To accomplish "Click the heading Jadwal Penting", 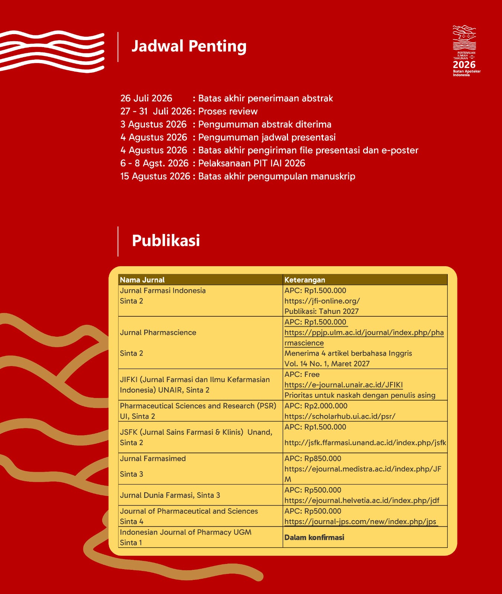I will point(189,46).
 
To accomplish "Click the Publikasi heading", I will point(166,241).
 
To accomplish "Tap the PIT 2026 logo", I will point(465,51).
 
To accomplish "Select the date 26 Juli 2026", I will point(146,98).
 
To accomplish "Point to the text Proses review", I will point(228,111).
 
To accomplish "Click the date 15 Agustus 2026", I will point(155,176).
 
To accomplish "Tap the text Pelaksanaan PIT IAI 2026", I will point(252,163).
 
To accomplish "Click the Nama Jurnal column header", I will point(142,280).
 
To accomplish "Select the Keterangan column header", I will point(305,280).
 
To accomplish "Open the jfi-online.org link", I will point(322,301).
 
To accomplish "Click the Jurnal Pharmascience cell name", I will point(158,333).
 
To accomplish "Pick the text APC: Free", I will point(302,375).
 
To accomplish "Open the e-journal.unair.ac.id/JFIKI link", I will point(343,385).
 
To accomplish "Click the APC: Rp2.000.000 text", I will point(316,406).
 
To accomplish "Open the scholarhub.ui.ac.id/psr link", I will point(340,417).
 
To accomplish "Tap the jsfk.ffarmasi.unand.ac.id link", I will point(365,443).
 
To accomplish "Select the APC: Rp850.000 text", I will point(312,459).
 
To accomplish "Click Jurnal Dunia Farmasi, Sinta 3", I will point(170,495).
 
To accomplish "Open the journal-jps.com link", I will point(360,522).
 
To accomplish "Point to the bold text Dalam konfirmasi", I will point(314,538).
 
